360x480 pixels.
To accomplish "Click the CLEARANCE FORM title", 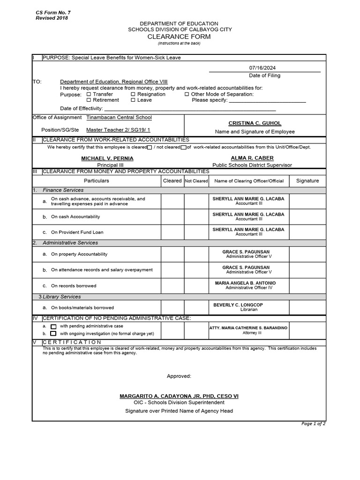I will pos(179,37).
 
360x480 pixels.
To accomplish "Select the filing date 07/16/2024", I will pos(264,67).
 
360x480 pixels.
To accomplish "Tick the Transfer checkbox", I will pos(89,94).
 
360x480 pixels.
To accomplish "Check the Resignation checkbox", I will pos(133,94).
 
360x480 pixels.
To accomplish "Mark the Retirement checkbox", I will pos(89,100).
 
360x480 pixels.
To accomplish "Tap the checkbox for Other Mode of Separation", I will pos(187,94).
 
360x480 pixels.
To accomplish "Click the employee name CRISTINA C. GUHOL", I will pos(255,123).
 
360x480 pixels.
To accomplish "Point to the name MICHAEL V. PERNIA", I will pos(107,158).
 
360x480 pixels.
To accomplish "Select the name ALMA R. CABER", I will pos(252,158).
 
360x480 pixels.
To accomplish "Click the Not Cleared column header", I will pos(196,181).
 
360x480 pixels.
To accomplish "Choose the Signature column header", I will pos(307,180).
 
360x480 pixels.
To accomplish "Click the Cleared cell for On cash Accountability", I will pos(172,217).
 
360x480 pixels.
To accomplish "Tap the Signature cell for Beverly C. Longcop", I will pos(307,307).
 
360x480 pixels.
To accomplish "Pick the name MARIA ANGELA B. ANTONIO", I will pos(245,283).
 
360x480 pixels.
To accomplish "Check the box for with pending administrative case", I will pos(53,326).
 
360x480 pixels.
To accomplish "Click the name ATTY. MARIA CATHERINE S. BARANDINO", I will pos(248,328).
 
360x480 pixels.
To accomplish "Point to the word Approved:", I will pos(179,376).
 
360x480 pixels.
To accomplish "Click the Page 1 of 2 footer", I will pos(313,424).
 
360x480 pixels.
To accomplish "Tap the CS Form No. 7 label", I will pos(53,12).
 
